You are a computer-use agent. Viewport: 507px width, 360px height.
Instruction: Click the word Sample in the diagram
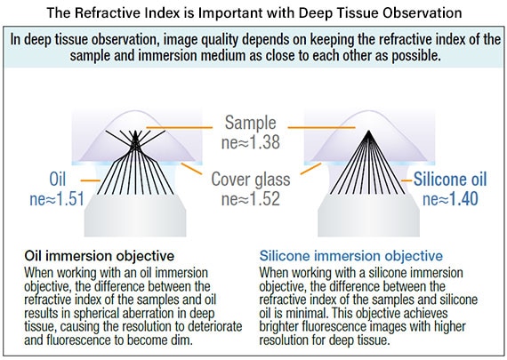tap(251, 124)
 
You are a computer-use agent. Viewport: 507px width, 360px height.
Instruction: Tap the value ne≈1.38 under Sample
tap(251, 142)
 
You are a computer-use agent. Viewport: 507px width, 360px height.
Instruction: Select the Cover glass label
tap(251, 180)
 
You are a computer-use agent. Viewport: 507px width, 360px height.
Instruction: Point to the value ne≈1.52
tap(251, 198)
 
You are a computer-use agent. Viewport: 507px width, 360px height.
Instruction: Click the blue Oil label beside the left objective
tap(58, 179)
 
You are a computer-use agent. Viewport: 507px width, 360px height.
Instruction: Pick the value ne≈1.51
tap(57, 199)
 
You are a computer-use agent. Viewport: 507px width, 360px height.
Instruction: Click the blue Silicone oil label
tap(450, 179)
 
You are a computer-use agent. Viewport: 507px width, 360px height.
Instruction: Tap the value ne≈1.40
tap(450, 199)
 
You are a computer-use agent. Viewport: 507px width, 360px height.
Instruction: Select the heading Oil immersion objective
tap(100, 256)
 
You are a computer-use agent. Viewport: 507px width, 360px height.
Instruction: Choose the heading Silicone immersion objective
tap(351, 256)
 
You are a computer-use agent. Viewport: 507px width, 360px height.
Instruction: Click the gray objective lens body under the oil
tap(135, 215)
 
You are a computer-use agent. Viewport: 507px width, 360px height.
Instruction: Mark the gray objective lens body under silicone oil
tap(368, 215)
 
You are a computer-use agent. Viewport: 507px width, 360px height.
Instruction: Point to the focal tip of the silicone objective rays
tap(368, 131)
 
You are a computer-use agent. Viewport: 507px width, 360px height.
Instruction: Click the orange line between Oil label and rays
tap(90, 180)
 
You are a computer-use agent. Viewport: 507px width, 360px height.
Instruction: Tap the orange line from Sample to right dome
tap(321, 128)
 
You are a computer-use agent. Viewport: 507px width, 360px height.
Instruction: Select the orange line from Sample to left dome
tap(179, 128)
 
